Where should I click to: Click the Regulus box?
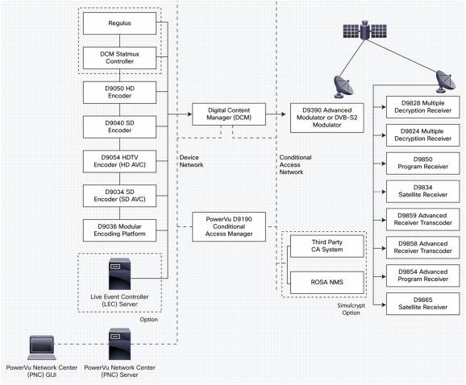click(119, 23)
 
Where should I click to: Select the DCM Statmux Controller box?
click(119, 57)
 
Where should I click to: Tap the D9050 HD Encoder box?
click(119, 93)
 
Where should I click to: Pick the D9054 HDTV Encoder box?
click(119, 161)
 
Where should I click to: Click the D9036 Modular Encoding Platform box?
click(119, 230)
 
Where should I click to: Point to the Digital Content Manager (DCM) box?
click(229, 114)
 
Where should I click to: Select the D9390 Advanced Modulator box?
click(327, 118)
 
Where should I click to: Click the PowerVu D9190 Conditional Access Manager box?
click(229, 226)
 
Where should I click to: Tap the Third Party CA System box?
click(327, 246)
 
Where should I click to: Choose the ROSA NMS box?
click(327, 282)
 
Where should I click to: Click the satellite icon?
click(365, 30)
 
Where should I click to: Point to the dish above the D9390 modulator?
click(343, 87)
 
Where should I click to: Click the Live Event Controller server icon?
click(120, 274)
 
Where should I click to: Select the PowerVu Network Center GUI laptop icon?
click(42, 348)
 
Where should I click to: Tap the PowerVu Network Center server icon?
click(120, 344)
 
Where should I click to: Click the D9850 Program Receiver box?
click(423, 164)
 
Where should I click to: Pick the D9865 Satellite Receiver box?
click(423, 304)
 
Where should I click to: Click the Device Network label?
click(191, 161)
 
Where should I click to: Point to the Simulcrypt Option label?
click(351, 309)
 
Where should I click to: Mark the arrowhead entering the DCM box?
click(189, 114)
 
